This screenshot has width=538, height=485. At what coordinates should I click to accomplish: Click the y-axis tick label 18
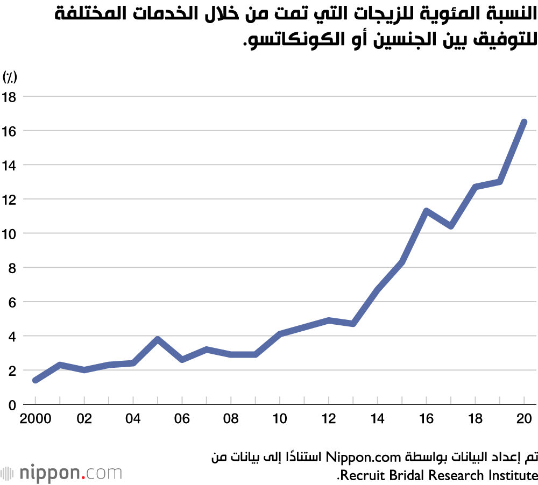click(x=10, y=97)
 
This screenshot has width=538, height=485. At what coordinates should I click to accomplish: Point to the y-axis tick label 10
click(x=10, y=234)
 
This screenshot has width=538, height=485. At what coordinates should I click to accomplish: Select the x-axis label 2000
click(x=35, y=418)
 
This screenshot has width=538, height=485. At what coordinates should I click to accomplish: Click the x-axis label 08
click(x=231, y=418)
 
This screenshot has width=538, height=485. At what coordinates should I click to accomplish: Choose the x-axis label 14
click(x=378, y=418)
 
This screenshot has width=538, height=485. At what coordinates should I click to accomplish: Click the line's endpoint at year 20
click(x=524, y=122)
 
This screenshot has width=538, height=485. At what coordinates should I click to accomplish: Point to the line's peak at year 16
click(x=426, y=211)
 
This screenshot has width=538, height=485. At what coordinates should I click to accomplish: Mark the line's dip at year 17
click(x=451, y=226)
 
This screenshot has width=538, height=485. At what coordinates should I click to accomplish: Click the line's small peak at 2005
click(x=157, y=339)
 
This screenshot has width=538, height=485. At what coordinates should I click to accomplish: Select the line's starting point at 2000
click(x=35, y=380)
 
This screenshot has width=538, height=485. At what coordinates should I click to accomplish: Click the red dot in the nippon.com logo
click(x=83, y=477)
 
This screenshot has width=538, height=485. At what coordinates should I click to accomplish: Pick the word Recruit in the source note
click(x=362, y=475)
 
